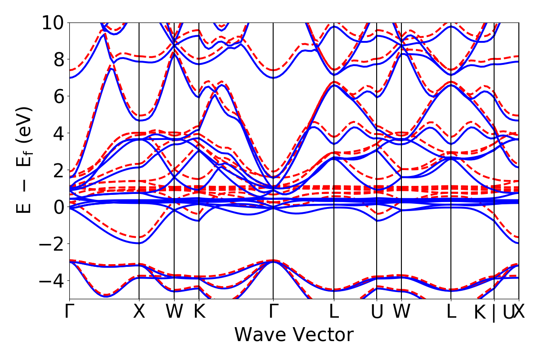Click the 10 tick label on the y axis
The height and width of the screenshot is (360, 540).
53,22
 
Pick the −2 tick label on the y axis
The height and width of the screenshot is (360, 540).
53,244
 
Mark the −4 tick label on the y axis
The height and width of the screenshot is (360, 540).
53,281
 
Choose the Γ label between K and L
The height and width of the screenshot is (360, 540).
273,311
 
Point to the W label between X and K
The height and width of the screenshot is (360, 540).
174,311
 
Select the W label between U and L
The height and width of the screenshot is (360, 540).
401,311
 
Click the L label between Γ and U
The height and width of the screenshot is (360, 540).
334,311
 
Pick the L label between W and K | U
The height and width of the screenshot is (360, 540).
451,311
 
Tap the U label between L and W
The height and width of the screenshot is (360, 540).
377,311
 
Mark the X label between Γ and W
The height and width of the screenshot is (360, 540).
139,311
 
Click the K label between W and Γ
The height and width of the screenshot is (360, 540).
199,311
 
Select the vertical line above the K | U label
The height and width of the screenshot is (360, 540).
494,157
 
